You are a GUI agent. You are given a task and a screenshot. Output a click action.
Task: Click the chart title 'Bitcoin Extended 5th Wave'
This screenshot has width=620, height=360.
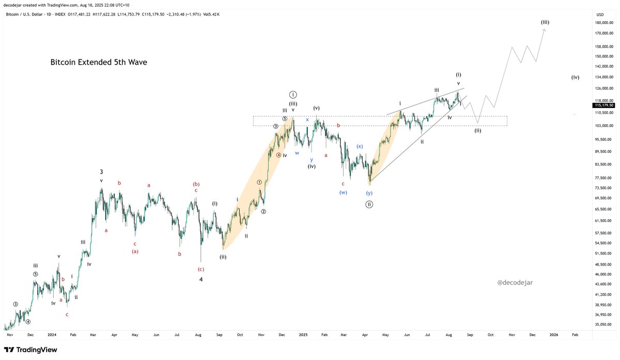(x=98, y=62)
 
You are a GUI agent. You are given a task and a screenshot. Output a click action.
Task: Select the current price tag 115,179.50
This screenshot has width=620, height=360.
(x=604, y=105)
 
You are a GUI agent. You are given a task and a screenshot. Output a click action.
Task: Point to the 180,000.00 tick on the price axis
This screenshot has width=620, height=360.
(x=603, y=23)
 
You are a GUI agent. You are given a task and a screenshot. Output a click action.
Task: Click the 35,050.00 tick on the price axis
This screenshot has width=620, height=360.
(x=603, y=324)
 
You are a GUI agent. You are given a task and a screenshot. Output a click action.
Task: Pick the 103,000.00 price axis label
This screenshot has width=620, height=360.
(x=603, y=126)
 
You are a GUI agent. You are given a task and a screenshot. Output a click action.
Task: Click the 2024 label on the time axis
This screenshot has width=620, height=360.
(x=52, y=335)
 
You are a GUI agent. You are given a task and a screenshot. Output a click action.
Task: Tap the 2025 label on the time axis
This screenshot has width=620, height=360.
(x=303, y=335)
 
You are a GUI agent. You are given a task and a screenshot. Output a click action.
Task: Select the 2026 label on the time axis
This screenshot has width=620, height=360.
(x=553, y=335)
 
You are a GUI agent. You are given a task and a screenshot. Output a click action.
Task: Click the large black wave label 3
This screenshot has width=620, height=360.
(x=102, y=171)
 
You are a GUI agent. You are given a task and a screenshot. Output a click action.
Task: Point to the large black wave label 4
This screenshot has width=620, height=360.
(x=201, y=279)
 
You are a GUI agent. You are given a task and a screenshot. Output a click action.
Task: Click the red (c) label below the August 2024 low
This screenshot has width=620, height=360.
(x=201, y=269)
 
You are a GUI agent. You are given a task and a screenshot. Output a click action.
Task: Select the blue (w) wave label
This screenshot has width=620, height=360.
(x=343, y=193)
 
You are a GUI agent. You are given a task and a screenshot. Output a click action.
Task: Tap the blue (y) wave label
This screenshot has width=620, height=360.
(x=369, y=193)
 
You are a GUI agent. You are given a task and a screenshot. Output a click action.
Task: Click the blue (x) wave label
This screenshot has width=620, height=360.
(x=360, y=146)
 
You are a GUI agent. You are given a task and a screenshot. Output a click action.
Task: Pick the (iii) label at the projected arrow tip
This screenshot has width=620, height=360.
(x=545, y=22)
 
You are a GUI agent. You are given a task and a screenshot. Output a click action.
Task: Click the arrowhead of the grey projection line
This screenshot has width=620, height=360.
(x=545, y=30)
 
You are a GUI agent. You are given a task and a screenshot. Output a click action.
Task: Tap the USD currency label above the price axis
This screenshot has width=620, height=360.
(x=600, y=14)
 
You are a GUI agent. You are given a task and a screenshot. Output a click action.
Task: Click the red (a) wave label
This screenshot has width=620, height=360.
(x=135, y=252)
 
